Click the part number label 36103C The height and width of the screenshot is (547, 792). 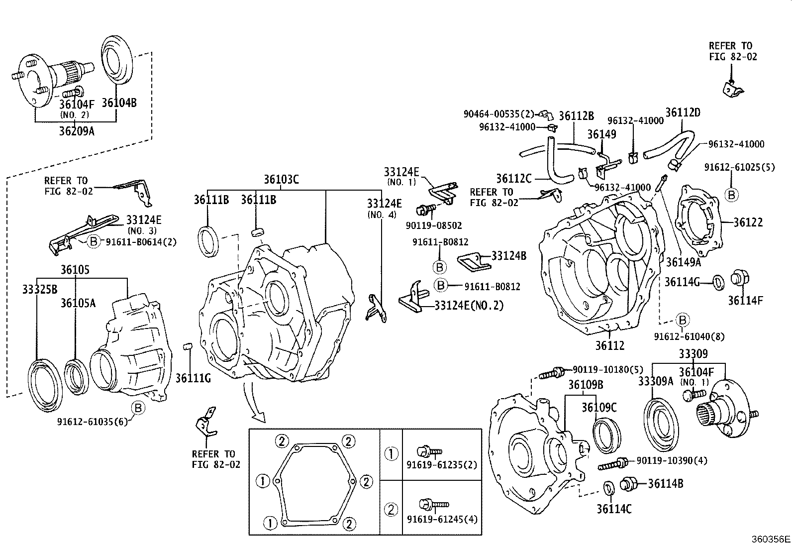[x=281, y=180]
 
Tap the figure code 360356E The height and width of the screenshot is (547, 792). [x=770, y=539]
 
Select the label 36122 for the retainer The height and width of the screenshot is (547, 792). [x=748, y=222]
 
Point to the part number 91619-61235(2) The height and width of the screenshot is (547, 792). [x=442, y=465]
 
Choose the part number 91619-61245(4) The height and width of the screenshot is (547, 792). [x=442, y=519]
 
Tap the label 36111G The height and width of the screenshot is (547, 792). [x=193, y=379]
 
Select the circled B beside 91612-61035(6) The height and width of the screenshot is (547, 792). [x=138, y=409]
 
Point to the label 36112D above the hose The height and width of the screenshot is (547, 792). [x=683, y=112]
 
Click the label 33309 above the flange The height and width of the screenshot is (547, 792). [x=693, y=354]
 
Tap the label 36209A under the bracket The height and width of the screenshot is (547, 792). [x=77, y=131]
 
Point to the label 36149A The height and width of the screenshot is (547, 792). [x=683, y=262]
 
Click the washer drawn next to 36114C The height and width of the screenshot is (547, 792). [x=607, y=489]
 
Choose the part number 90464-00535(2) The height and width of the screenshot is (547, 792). [x=498, y=114]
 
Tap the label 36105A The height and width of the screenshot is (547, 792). [x=78, y=303]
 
